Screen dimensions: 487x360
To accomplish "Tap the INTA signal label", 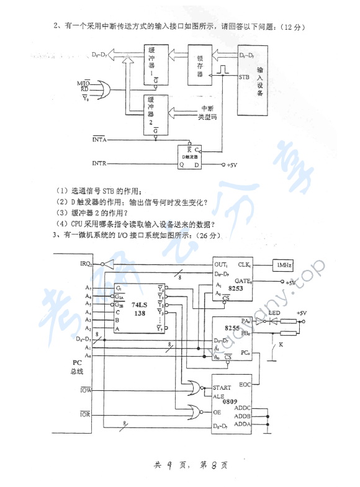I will [100, 140].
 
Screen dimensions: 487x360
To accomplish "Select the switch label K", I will [281, 343].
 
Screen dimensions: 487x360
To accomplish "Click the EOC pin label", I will [243, 384].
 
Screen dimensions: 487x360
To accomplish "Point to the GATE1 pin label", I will [242, 281].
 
